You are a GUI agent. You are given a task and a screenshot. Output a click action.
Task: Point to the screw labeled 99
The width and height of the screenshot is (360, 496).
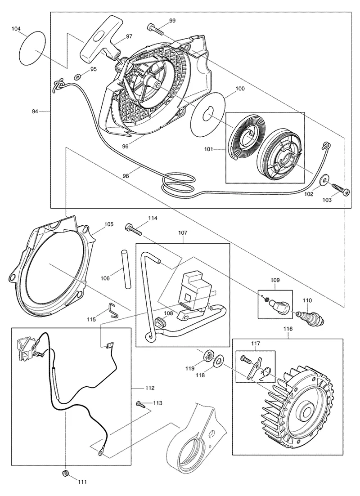(155, 29)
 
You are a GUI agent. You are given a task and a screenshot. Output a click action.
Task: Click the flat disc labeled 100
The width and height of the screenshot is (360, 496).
(209, 114)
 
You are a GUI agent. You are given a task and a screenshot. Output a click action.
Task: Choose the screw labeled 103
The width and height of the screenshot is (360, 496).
(341, 189)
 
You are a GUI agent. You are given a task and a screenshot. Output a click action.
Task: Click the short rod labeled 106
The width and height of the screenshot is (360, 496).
(125, 268)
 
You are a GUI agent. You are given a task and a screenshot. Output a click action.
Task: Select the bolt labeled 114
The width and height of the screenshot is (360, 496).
(134, 229)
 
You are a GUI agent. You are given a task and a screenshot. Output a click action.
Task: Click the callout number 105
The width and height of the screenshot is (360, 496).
(108, 224)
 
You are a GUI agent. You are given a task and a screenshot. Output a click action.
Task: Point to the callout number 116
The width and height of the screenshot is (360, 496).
(288, 329)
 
